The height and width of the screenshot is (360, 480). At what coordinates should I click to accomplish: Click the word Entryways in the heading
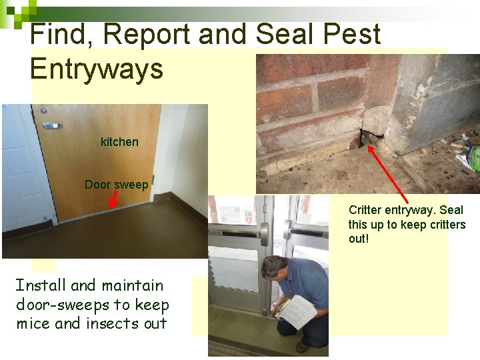click(x=97, y=68)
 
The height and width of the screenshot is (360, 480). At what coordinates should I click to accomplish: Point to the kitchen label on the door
click(x=119, y=142)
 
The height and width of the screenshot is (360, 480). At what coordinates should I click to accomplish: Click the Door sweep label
click(x=116, y=185)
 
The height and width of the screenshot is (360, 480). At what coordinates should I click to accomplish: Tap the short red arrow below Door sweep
click(x=114, y=198)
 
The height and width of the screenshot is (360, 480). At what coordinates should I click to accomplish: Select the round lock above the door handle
click(x=44, y=111)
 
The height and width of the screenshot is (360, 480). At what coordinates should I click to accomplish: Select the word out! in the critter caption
click(x=358, y=239)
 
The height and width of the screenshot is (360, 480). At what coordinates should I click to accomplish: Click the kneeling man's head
click(x=273, y=269)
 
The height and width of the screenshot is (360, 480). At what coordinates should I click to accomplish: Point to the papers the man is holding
click(x=297, y=311)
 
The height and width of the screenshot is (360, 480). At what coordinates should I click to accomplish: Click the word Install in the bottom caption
click(x=41, y=286)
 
